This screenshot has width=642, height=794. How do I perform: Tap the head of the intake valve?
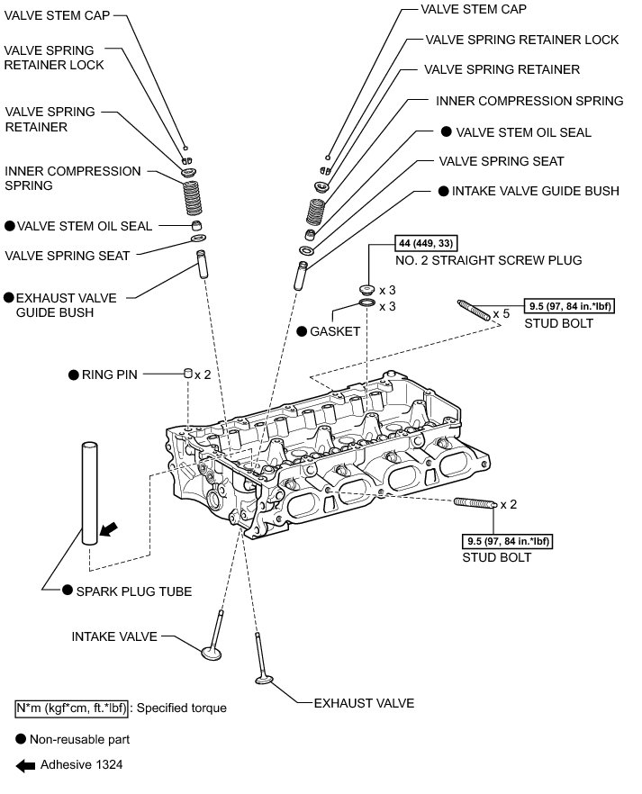click(212, 650)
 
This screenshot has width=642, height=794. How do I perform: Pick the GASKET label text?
click(335, 331)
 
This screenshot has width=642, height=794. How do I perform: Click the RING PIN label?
click(110, 374)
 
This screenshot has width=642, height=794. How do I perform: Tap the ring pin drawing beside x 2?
click(187, 373)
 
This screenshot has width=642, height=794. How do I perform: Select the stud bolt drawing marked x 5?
click(475, 309)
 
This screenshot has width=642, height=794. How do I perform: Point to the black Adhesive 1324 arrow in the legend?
click(25, 765)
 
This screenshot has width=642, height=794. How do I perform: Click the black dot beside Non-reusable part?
click(21, 739)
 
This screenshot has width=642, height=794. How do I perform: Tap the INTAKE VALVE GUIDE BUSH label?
click(535, 191)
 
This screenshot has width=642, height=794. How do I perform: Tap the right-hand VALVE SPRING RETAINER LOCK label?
click(522, 40)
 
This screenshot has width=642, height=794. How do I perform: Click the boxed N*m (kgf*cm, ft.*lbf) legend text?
click(72, 708)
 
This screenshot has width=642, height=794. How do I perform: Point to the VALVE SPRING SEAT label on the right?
click(501, 161)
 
